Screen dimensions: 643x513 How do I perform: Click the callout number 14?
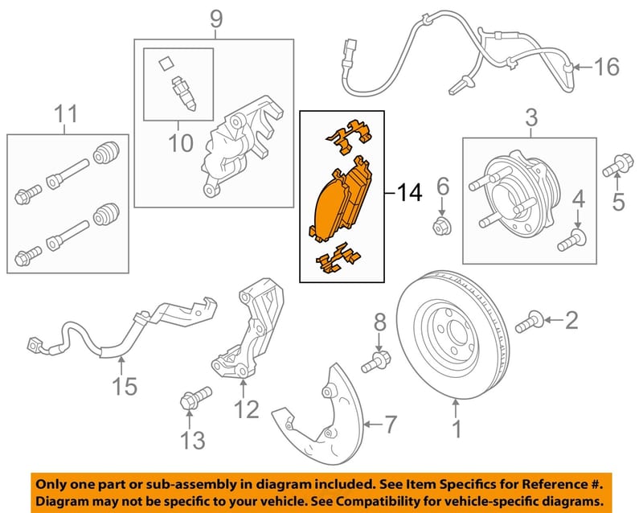pos(409,192)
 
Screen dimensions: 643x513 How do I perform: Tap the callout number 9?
pos(216,18)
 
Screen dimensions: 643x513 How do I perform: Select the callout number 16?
pos(607,67)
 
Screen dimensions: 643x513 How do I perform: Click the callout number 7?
pos(390,424)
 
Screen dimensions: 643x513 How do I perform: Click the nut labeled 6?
pos(442,226)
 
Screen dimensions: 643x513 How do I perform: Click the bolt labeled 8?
pos(375,360)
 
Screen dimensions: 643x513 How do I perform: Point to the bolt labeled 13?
pos(195,397)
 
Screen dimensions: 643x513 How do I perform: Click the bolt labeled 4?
pos(572,241)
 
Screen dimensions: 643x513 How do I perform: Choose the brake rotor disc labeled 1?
pos(453,334)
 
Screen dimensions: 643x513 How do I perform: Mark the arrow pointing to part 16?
pos(584,67)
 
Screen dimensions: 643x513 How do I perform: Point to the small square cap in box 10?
pos(166,64)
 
